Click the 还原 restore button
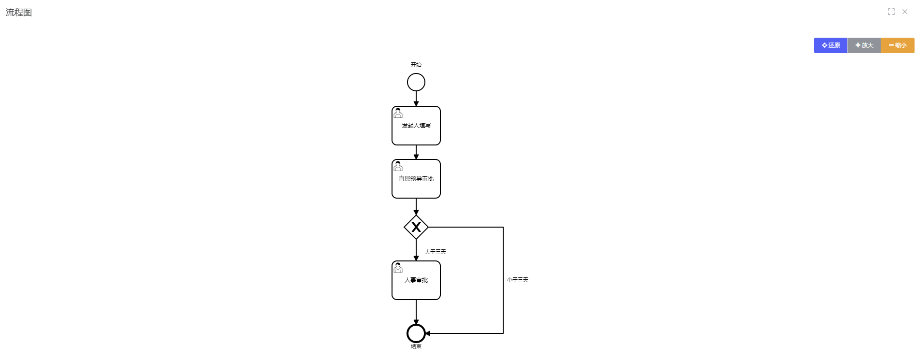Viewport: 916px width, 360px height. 830,45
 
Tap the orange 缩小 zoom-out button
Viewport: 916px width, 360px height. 897,45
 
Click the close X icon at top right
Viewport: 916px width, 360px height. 905,12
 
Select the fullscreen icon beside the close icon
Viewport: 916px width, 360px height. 891,12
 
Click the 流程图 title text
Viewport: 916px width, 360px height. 19,13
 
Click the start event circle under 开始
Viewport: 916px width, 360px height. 416,82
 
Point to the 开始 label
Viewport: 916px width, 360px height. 416,65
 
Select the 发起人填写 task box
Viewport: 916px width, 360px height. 416,126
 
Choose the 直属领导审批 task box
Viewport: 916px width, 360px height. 416,179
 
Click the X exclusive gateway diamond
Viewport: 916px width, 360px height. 416,227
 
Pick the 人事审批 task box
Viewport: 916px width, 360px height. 416,280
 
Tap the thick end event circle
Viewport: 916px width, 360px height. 416,333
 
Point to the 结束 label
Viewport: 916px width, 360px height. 416,346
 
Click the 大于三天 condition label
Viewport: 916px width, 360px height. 435,252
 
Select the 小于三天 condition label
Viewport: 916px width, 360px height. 517,280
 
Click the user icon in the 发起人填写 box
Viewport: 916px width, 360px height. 398,113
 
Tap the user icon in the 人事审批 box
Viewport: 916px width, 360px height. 398,268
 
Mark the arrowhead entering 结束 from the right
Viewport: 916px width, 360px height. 428,333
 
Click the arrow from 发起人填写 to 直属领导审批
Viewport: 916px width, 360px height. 416,152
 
